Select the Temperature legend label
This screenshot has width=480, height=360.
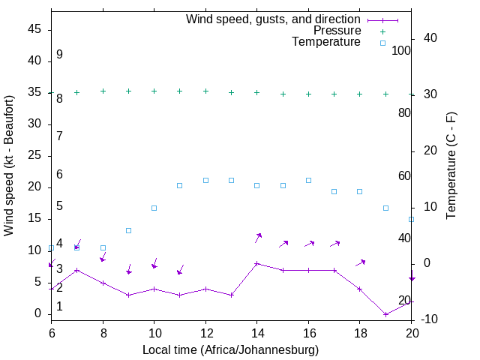coord(326,43)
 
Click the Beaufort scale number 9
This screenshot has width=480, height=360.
coord(59,55)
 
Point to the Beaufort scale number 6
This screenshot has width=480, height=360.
coord(59,175)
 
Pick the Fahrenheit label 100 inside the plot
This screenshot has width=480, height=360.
coord(401,50)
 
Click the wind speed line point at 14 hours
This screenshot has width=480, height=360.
coord(257,263)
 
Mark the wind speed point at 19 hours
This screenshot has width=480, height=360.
coord(385,314)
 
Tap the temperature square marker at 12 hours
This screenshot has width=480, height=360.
coord(205,180)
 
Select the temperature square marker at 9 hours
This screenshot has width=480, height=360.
coord(128,230)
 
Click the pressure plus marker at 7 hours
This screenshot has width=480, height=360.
coord(76,92)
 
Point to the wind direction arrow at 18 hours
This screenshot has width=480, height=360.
coord(361,262)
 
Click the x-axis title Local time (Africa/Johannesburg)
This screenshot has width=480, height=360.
coord(231,349)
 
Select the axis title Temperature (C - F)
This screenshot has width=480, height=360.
coord(451,165)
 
